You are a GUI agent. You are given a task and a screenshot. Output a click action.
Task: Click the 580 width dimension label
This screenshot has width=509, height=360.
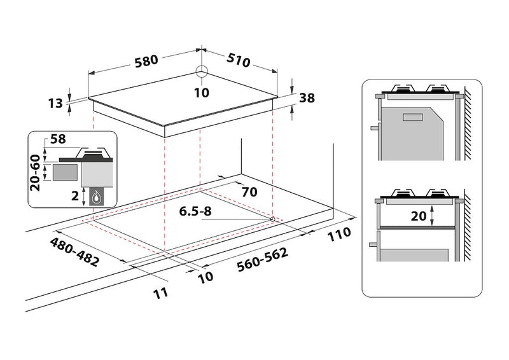tap(146, 60)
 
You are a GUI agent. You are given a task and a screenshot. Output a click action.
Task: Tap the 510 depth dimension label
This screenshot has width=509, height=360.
tap(238, 60)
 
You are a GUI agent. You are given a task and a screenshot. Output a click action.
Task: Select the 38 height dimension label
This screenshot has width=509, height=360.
tap(307, 98)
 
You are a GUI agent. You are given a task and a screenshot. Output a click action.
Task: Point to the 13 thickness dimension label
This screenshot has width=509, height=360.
tap(55, 104)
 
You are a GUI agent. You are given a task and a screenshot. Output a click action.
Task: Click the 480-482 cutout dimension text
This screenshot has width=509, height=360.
tap(74, 252)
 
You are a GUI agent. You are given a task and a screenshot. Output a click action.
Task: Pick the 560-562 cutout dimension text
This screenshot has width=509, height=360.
tap(262, 260)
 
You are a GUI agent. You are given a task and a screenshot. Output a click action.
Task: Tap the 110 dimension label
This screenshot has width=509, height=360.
tap(339, 234)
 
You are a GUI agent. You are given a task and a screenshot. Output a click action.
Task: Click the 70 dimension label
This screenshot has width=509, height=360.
tap(249, 192)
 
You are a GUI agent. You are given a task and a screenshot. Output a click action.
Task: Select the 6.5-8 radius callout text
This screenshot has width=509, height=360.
tap(195, 211)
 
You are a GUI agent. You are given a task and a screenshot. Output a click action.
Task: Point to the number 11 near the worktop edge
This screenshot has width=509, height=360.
tap(161, 293)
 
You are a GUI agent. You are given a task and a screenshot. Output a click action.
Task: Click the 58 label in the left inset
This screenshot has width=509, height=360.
tap(58, 139)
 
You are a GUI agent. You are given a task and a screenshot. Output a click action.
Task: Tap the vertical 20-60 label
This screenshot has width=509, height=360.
tap(35, 173)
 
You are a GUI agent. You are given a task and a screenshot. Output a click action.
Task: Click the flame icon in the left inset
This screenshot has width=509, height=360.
tap(97, 197)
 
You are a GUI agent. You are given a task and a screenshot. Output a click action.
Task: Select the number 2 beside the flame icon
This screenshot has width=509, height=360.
tap(75, 196)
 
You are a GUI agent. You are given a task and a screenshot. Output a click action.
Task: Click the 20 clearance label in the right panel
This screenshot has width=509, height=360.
tap(419, 216)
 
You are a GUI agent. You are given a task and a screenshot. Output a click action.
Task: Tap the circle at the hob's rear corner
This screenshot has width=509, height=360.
tap(202, 71)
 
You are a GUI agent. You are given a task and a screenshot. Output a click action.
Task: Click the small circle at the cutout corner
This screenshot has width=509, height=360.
tap(272, 219)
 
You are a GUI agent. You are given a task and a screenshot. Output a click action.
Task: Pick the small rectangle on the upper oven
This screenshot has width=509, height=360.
tap(412, 118)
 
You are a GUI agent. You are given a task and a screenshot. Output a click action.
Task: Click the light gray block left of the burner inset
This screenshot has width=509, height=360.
tap(66, 172)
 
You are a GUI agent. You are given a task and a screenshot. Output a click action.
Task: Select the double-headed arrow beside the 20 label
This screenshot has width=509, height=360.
tap(432, 216)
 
